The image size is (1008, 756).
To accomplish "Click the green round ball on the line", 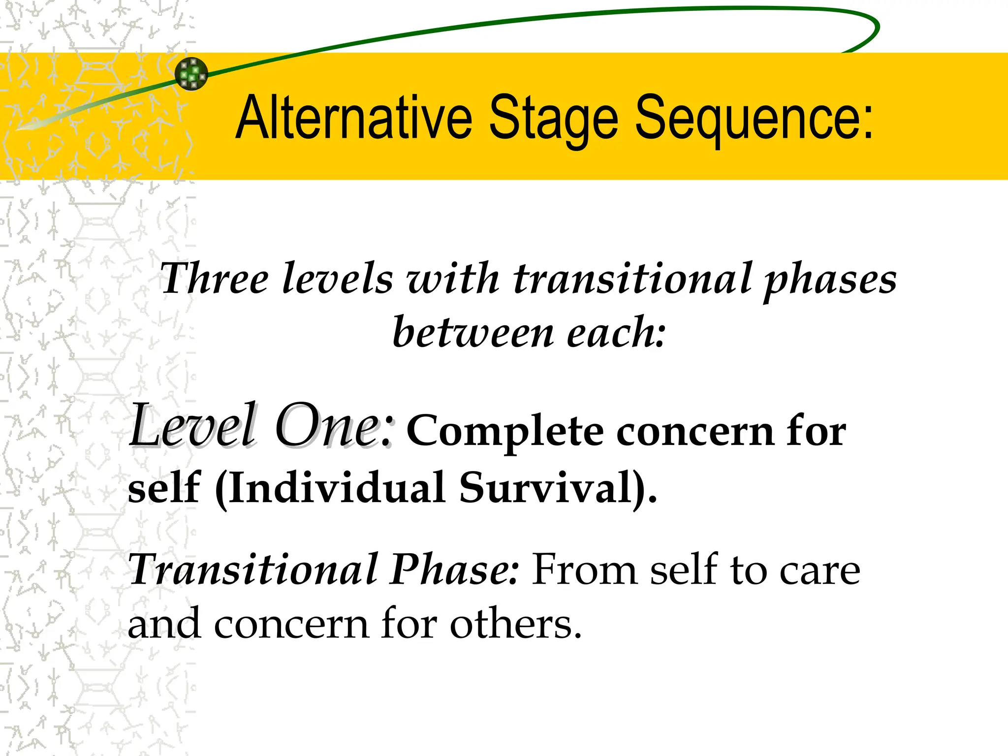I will click(x=191, y=74).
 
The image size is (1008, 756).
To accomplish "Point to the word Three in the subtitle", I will click(x=215, y=279).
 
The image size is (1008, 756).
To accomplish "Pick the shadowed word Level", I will click(x=193, y=426).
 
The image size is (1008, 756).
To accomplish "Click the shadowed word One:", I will click(x=335, y=426).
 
